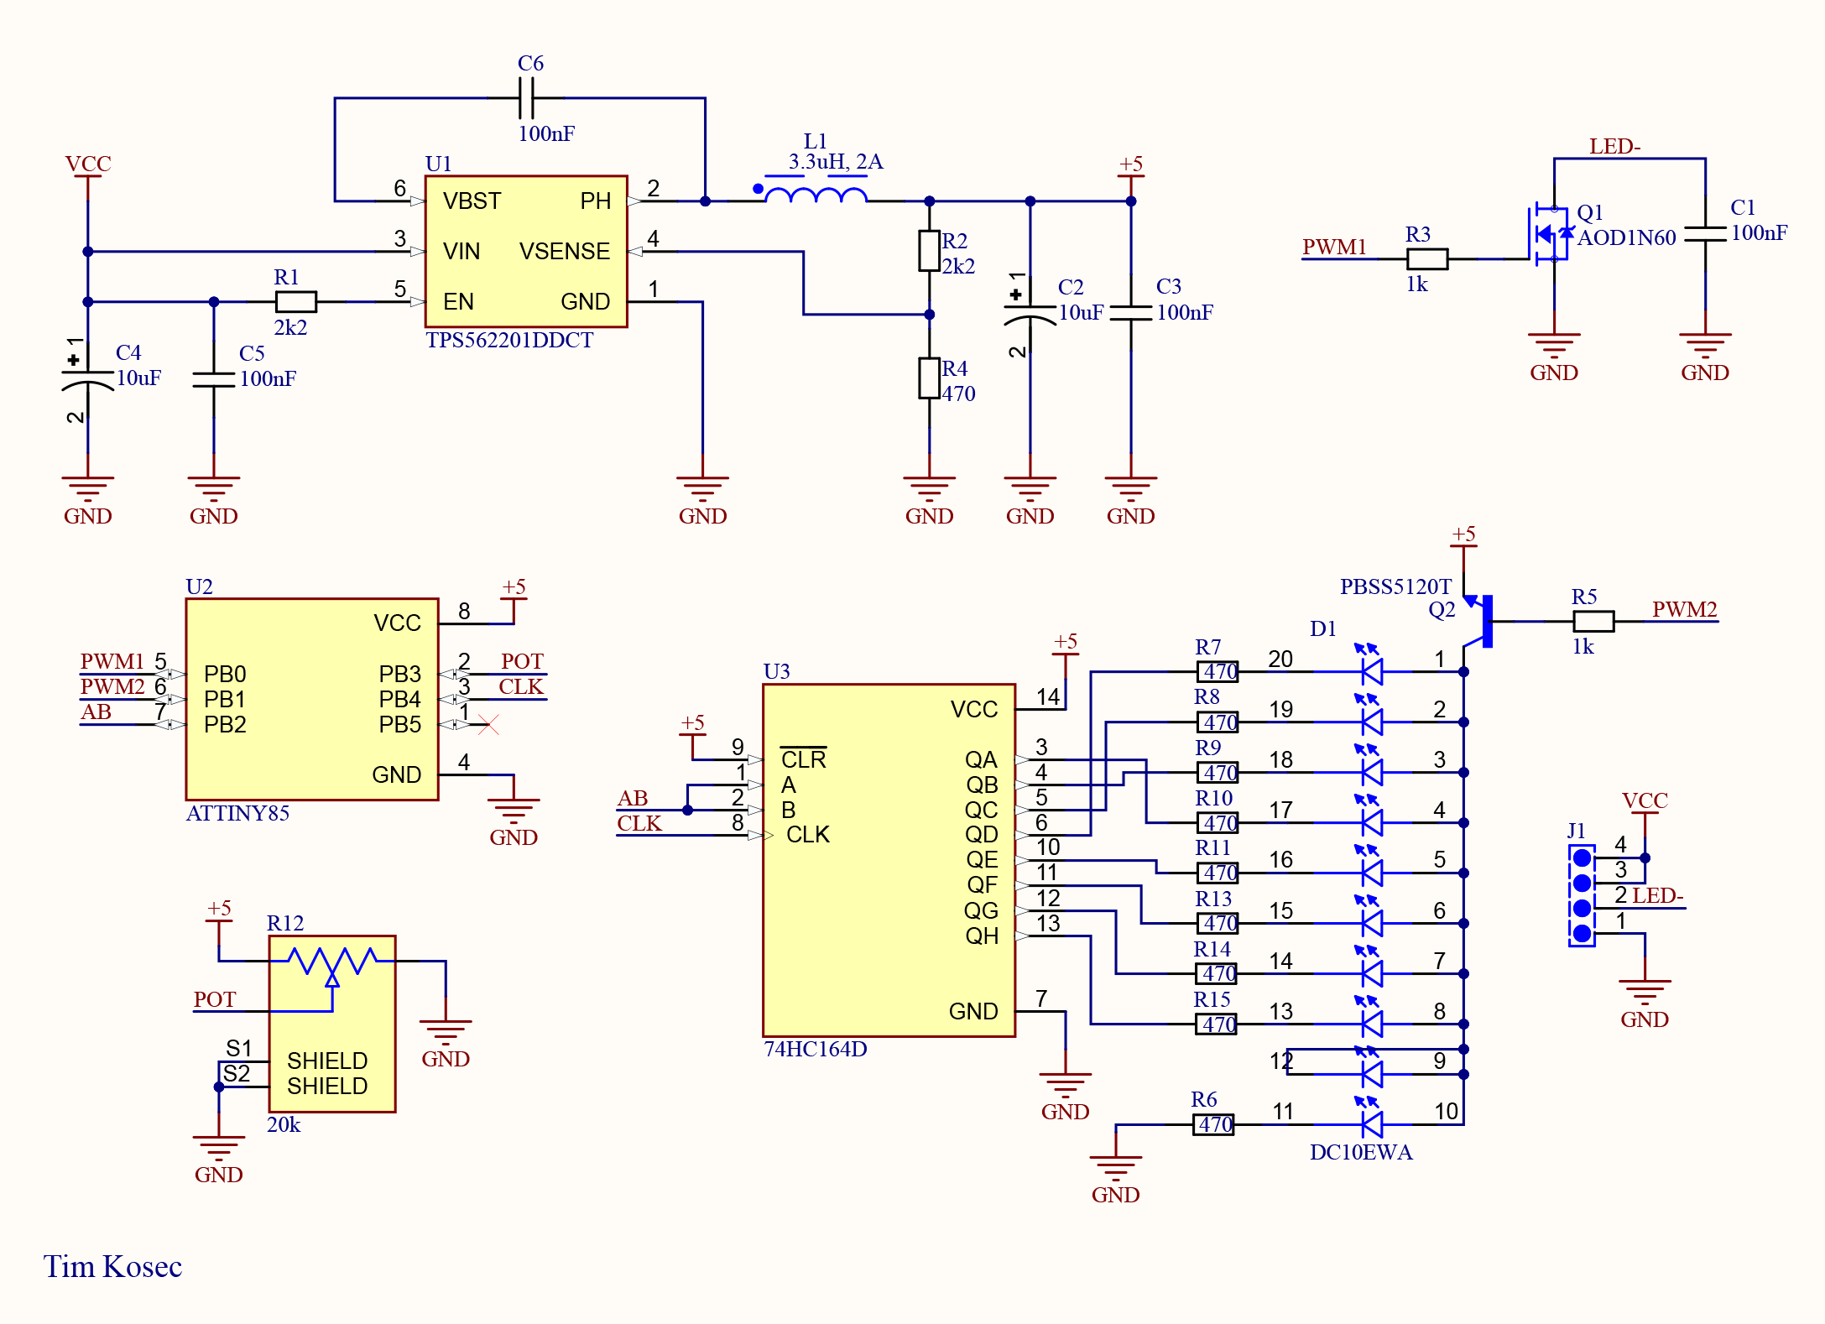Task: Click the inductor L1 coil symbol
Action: point(816,195)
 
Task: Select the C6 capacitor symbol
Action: point(526,98)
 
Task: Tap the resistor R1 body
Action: point(295,301)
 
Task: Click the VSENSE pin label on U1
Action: point(564,252)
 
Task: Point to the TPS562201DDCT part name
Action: point(509,340)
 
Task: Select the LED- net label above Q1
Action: point(1614,147)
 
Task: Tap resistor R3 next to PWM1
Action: point(1426,259)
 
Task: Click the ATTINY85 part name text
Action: point(237,813)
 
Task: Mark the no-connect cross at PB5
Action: point(488,724)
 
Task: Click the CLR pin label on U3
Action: point(803,759)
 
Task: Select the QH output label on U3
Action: point(981,936)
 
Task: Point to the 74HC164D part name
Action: point(815,1049)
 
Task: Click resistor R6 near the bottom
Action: point(1213,1124)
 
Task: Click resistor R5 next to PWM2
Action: point(1593,621)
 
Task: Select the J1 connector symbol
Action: point(1582,895)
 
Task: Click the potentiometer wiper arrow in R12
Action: point(332,978)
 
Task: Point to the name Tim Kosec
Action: point(112,1266)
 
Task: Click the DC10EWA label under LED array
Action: point(1360,1152)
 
